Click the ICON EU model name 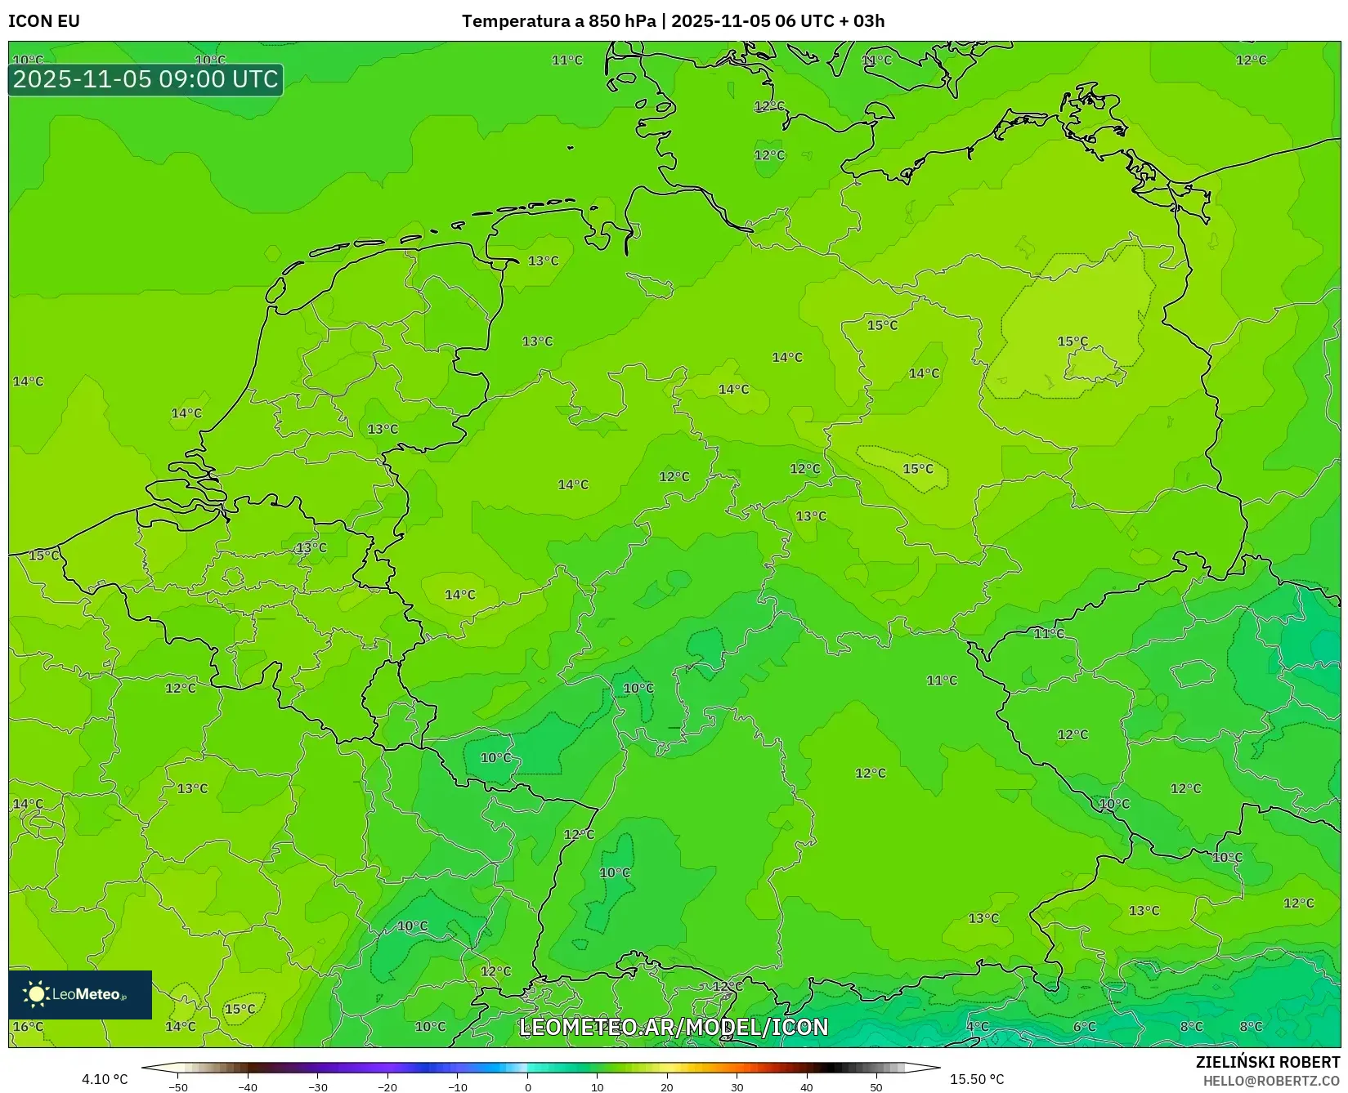coord(44,21)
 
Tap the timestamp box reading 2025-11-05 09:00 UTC coord(146,79)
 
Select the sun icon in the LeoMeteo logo coord(36,993)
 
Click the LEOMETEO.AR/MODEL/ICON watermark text coord(674,1027)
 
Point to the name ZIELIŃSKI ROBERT coord(1268,1062)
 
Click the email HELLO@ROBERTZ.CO coord(1271,1081)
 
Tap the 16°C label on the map coord(28,1026)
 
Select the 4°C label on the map coord(977,1026)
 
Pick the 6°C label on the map coord(1084,1026)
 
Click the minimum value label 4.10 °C coord(105,1079)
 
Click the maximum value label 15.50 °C coord(977,1079)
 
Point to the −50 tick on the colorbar coord(177,1086)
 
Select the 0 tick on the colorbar coord(527,1086)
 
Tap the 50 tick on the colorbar coord(876,1086)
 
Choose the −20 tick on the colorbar coord(387,1086)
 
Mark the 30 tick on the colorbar coord(737,1086)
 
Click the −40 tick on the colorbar coord(248,1086)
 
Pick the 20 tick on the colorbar coord(667,1086)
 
